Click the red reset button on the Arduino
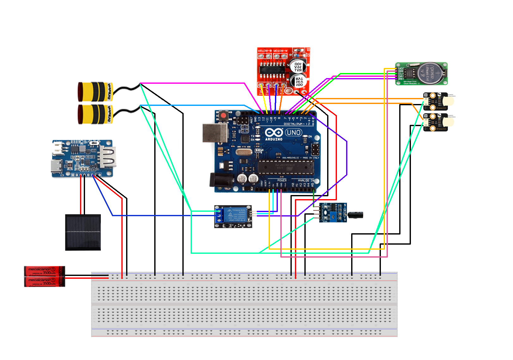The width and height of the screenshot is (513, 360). (x=223, y=116)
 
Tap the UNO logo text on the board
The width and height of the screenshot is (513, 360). (x=294, y=133)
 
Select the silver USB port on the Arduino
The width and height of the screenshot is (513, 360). (x=215, y=133)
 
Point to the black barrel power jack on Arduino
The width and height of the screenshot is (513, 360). (x=217, y=180)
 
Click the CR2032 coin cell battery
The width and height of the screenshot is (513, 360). (x=430, y=73)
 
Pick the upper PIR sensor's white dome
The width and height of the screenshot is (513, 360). (x=449, y=101)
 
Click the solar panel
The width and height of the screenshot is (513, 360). (x=83, y=232)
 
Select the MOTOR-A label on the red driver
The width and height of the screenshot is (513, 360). (x=280, y=51)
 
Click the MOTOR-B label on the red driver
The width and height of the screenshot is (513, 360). (x=265, y=51)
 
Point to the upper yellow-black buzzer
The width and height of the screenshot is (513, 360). (x=95, y=92)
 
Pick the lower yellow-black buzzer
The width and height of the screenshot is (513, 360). (x=95, y=114)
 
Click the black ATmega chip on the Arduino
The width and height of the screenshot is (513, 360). (x=286, y=167)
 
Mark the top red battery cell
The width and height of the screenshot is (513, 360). (x=44, y=271)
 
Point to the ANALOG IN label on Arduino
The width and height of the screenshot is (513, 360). (x=306, y=180)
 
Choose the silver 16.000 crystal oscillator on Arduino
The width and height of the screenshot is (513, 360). (x=243, y=153)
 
